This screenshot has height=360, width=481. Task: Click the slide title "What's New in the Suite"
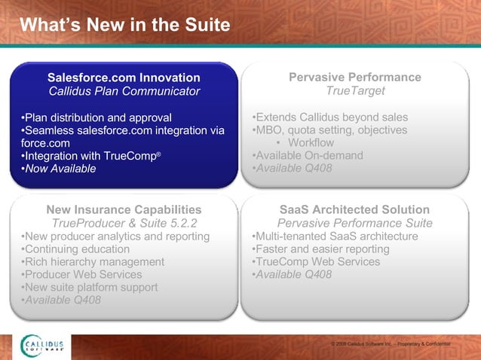click(124, 26)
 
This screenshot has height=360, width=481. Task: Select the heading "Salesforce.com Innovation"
click(124, 78)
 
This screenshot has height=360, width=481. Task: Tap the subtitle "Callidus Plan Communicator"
click(124, 91)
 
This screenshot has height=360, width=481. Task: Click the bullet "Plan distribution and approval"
click(96, 117)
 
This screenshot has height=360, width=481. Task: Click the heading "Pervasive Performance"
click(355, 78)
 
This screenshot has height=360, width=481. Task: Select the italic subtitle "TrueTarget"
click(355, 91)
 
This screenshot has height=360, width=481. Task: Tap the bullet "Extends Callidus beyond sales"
click(329, 117)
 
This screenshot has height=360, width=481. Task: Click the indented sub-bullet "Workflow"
click(310, 143)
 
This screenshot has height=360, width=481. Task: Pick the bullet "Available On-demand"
click(307, 156)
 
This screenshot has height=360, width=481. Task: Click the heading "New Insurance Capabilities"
click(124, 209)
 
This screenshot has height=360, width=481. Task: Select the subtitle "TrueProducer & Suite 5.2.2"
click(124, 223)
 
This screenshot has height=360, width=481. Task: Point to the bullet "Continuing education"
click(75, 249)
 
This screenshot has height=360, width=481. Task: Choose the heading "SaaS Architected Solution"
click(355, 209)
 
